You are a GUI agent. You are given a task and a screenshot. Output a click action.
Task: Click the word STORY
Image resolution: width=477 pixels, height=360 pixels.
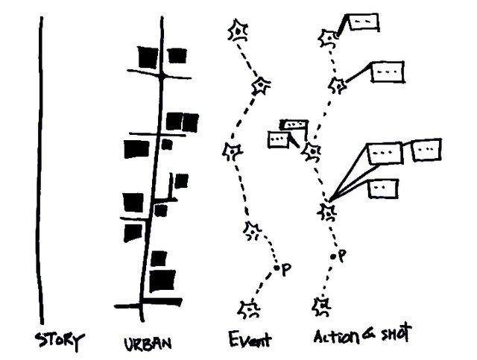pos(60,341)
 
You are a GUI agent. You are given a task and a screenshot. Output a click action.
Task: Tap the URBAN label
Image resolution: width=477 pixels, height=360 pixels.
pos(149,344)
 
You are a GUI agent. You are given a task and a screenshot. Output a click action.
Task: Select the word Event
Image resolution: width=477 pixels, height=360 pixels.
pos(250,340)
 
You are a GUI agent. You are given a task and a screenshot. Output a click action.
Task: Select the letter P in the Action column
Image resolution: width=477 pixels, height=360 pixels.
pos(342,256)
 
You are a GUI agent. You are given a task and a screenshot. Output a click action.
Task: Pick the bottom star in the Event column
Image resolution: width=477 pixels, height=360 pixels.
pos(251,308)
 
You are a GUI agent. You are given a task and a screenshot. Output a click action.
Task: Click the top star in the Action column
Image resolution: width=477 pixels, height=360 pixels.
pos(328,37)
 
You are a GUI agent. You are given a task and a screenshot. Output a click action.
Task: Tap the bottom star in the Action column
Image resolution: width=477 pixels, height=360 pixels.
pos(323,304)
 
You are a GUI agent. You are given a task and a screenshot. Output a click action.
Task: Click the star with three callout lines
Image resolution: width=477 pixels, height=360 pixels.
pos(327,211)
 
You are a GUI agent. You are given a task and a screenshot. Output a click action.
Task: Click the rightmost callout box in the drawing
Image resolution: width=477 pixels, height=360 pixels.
pos(426,151)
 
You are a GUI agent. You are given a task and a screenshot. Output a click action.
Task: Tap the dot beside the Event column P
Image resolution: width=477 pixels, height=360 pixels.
pos(277,267)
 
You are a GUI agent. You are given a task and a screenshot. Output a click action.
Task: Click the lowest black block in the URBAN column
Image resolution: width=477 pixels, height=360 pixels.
pos(162,281)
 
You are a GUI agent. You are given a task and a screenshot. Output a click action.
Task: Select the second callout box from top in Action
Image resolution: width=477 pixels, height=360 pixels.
pos(388,72)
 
